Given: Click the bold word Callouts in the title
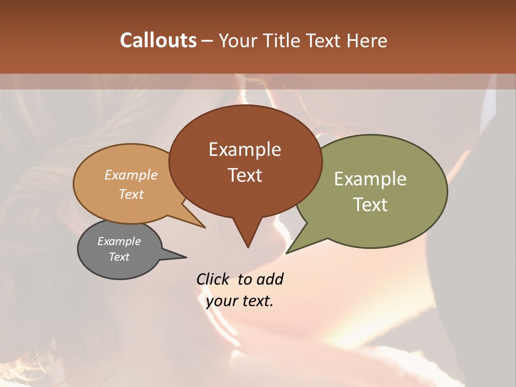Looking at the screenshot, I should [158, 40].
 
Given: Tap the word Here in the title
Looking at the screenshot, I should [366, 40].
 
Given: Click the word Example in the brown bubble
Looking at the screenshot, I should [245, 149].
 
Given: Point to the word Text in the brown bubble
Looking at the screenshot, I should [245, 175].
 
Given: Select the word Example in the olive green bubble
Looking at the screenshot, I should [370, 179].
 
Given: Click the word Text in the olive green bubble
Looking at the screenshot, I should [370, 204].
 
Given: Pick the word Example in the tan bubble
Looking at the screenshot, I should [131, 175].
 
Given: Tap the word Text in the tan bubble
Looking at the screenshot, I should [131, 194].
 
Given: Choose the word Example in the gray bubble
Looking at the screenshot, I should [119, 241].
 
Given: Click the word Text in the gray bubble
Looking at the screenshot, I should [119, 257].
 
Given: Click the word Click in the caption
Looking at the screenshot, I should [213, 279].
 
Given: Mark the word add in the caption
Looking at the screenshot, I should [270, 279].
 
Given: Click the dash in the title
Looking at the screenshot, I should [208, 40].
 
